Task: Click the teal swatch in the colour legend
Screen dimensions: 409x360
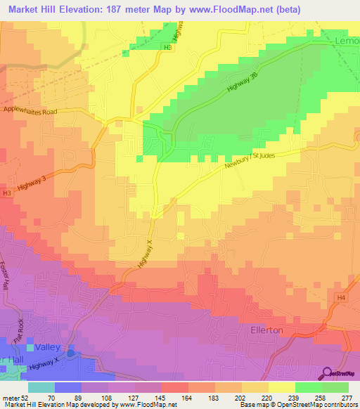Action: coord(41,387)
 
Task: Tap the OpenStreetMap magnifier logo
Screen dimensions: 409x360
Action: coord(328,372)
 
